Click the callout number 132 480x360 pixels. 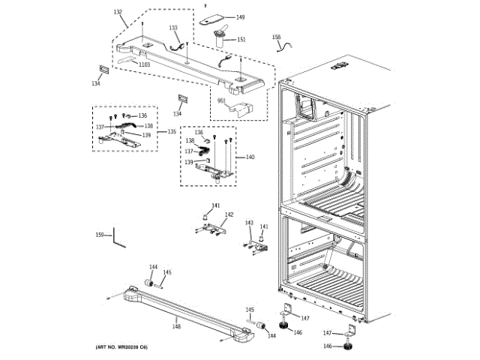(x=118, y=13)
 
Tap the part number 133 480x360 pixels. (x=173, y=28)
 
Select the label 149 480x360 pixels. (x=240, y=17)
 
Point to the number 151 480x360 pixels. (x=241, y=39)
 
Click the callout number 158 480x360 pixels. (x=276, y=37)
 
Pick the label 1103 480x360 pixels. (x=143, y=65)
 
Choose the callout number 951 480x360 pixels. (x=222, y=100)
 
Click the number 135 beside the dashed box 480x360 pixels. (x=172, y=131)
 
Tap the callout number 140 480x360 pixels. (x=250, y=157)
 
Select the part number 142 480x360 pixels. (x=229, y=215)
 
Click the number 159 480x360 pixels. (x=99, y=236)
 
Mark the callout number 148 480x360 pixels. (x=176, y=325)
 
